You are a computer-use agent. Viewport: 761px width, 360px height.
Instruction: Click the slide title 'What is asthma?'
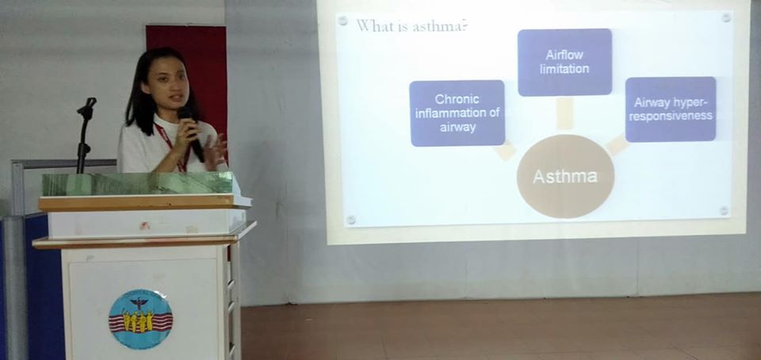click(x=412, y=26)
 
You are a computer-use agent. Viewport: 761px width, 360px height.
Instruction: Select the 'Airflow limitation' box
click(x=564, y=62)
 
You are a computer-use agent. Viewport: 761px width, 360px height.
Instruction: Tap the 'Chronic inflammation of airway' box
click(x=457, y=113)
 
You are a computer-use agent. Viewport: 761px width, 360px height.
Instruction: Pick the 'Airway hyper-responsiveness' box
click(x=671, y=109)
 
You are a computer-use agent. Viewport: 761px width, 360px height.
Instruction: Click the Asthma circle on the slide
click(x=565, y=176)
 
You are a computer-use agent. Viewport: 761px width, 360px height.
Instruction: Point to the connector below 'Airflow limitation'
click(x=564, y=113)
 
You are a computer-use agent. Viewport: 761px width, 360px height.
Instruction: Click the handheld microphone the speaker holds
click(x=191, y=133)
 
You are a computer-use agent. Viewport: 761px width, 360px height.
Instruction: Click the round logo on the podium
click(x=140, y=320)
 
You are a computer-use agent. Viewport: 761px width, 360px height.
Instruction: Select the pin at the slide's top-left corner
click(x=342, y=21)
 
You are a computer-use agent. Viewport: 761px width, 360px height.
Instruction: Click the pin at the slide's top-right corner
click(x=726, y=17)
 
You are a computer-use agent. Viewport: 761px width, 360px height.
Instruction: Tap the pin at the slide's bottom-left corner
click(x=350, y=220)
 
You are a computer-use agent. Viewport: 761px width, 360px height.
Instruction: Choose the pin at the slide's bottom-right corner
click(x=724, y=211)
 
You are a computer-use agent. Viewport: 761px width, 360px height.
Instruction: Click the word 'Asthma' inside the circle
click(x=565, y=176)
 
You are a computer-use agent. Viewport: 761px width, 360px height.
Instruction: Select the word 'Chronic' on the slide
click(x=457, y=99)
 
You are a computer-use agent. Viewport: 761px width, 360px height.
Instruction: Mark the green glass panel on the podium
click(x=138, y=184)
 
